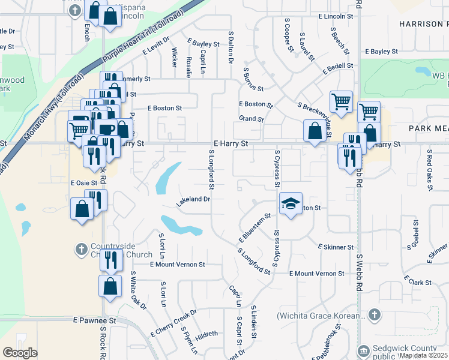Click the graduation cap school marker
click(x=291, y=205)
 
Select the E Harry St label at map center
click(x=231, y=144)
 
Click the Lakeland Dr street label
click(x=193, y=200)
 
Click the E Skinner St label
click(x=336, y=247)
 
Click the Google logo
click(x=20, y=353)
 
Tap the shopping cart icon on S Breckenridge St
click(x=341, y=101)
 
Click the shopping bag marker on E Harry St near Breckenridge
click(x=315, y=131)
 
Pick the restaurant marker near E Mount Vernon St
click(x=111, y=260)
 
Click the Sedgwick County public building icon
click(x=363, y=350)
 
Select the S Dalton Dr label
click(x=231, y=49)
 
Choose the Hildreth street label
click(x=206, y=335)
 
